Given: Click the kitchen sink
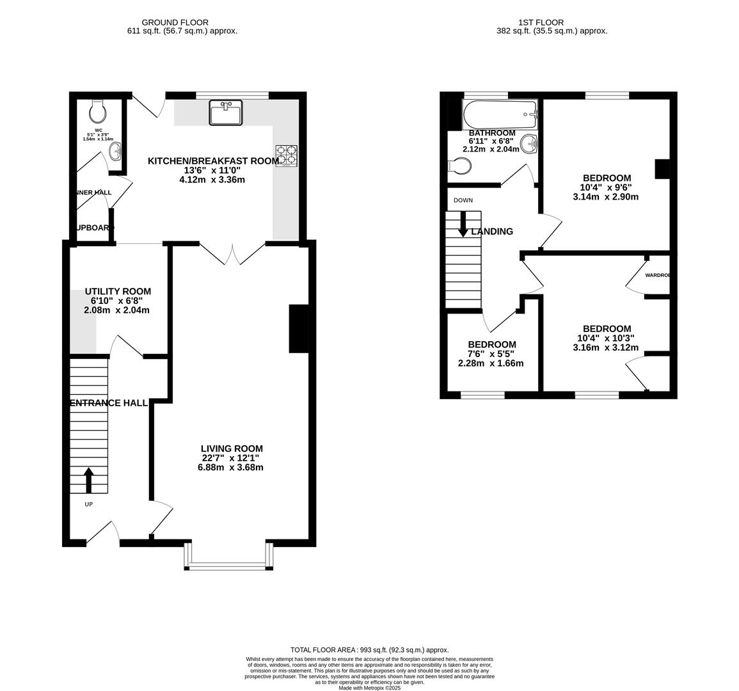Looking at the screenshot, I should pyautogui.click(x=225, y=113).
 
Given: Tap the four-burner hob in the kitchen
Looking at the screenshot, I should pyautogui.click(x=287, y=156).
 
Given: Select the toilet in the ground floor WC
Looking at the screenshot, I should pyautogui.click(x=98, y=112).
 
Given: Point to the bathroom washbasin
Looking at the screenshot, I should pyautogui.click(x=529, y=144).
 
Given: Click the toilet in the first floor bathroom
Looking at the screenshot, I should pyautogui.click(x=459, y=166).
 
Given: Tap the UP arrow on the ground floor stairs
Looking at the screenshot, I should pyautogui.click(x=88, y=481).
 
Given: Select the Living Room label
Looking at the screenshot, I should pyautogui.click(x=231, y=449).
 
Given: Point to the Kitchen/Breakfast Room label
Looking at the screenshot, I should pyautogui.click(x=213, y=161).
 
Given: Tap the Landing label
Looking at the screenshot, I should pyautogui.click(x=492, y=232).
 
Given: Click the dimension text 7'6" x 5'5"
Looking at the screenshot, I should pyautogui.click(x=491, y=354).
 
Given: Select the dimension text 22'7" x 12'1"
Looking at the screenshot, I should pyautogui.click(x=231, y=458).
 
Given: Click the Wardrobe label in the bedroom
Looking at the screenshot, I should pyautogui.click(x=657, y=275).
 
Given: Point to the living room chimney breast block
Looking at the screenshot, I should pyautogui.click(x=299, y=329).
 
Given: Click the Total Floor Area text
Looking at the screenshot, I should pyautogui.click(x=369, y=649).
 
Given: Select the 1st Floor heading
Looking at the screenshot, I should pyautogui.click(x=552, y=22).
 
